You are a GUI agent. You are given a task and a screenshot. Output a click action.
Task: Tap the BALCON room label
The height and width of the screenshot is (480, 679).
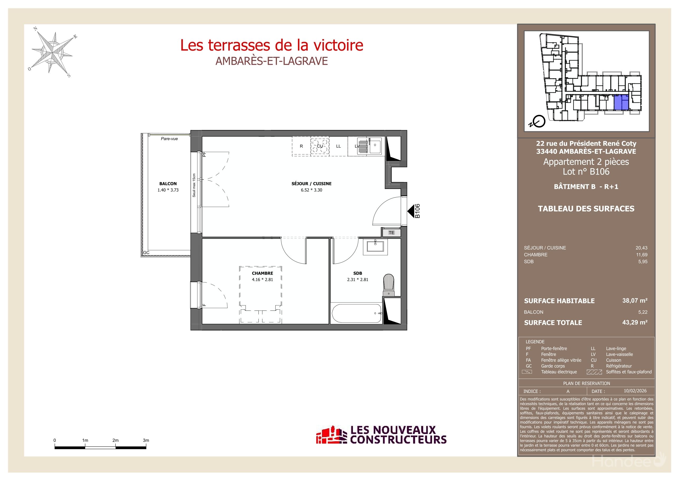click(x=168, y=184)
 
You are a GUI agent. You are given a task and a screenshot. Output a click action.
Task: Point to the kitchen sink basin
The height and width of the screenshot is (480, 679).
click(x=375, y=146)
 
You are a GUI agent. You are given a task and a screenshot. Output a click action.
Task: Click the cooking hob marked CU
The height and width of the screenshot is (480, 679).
click(x=320, y=146)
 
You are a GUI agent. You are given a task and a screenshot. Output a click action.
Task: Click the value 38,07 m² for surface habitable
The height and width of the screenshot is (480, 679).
click(x=635, y=300)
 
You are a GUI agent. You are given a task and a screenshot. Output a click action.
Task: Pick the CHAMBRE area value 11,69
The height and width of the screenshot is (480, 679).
click(x=642, y=255)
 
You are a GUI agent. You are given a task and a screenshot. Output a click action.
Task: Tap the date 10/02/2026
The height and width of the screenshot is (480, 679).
click(x=635, y=391)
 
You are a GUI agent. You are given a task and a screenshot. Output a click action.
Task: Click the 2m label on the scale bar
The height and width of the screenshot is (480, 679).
click(x=115, y=440)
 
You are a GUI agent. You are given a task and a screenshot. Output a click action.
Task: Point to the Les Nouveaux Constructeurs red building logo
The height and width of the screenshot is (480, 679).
click(x=331, y=435)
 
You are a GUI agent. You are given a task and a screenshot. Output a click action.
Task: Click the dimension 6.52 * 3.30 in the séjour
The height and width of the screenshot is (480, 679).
click(x=312, y=190)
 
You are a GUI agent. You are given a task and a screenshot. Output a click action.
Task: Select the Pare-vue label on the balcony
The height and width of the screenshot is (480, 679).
click(x=169, y=139)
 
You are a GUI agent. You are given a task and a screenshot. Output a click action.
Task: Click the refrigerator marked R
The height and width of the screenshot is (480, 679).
click(x=301, y=146)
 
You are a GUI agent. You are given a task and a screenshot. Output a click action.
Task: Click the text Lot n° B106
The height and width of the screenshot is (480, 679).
click(x=586, y=172)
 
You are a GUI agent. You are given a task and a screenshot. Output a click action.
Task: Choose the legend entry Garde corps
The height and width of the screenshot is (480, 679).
click(x=553, y=366)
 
